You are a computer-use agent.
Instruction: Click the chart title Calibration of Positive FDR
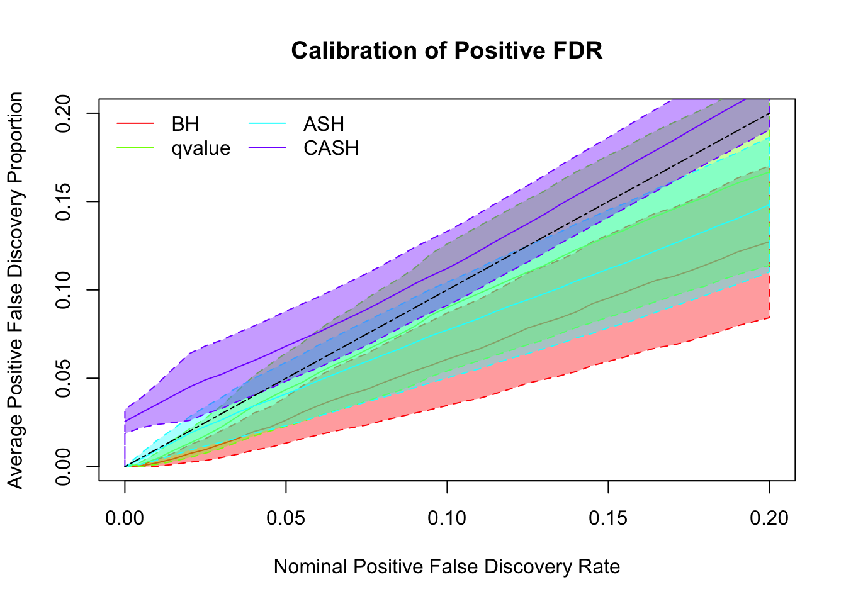click(x=447, y=50)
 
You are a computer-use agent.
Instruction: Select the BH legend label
click(x=185, y=124)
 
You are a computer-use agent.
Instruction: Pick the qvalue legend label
click(x=201, y=148)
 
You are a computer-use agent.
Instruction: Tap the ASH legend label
click(x=324, y=124)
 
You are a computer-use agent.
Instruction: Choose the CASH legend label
click(x=330, y=148)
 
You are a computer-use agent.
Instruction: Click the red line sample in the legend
click(x=135, y=124)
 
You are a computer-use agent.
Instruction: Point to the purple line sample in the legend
click(x=267, y=148)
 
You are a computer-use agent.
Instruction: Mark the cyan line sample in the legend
click(x=267, y=124)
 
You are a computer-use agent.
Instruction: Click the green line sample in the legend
click(x=135, y=148)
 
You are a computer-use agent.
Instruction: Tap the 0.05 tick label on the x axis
click(x=286, y=518)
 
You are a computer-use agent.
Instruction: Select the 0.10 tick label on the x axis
click(x=447, y=518)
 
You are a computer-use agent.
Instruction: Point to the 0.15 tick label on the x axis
click(x=608, y=518)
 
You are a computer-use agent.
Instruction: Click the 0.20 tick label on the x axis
click(x=769, y=518)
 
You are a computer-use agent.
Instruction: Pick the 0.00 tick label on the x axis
click(x=125, y=518)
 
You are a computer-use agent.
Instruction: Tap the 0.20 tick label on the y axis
click(x=64, y=113)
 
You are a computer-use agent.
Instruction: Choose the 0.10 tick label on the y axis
click(x=64, y=290)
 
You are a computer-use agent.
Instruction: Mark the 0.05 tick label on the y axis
click(x=64, y=378)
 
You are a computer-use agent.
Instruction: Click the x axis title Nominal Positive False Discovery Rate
click(x=447, y=567)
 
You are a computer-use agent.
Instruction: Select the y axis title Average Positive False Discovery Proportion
click(x=16, y=290)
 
